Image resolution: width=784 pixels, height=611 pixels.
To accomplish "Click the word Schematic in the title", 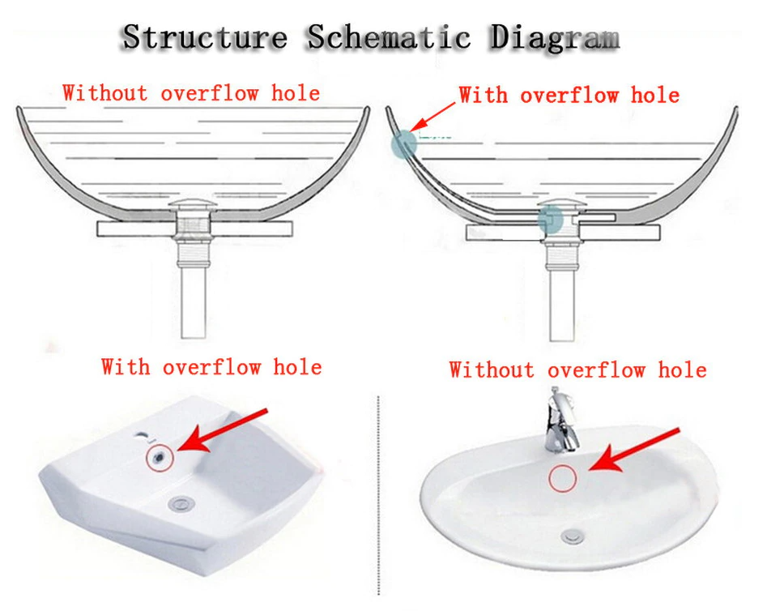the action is [x=389, y=37].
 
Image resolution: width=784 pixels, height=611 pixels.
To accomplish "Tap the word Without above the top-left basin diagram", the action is [x=105, y=93].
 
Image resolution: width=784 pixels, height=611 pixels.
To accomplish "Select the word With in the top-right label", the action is [x=483, y=95].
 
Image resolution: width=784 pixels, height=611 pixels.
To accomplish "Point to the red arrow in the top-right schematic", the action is [x=432, y=117].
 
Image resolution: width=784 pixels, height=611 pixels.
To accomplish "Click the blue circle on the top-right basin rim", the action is [x=403, y=144].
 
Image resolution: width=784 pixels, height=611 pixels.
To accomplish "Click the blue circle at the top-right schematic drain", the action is [x=551, y=220].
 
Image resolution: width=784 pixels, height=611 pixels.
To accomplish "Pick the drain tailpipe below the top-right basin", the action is [x=561, y=305].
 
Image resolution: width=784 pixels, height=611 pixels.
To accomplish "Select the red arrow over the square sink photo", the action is [x=222, y=431].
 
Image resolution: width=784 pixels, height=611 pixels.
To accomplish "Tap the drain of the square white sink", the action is [x=181, y=503].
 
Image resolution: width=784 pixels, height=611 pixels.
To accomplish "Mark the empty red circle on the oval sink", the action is [x=563, y=478].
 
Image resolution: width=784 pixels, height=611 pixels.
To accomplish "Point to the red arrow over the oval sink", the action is [x=633, y=450].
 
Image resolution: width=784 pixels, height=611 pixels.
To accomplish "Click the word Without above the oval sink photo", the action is [x=492, y=370].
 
